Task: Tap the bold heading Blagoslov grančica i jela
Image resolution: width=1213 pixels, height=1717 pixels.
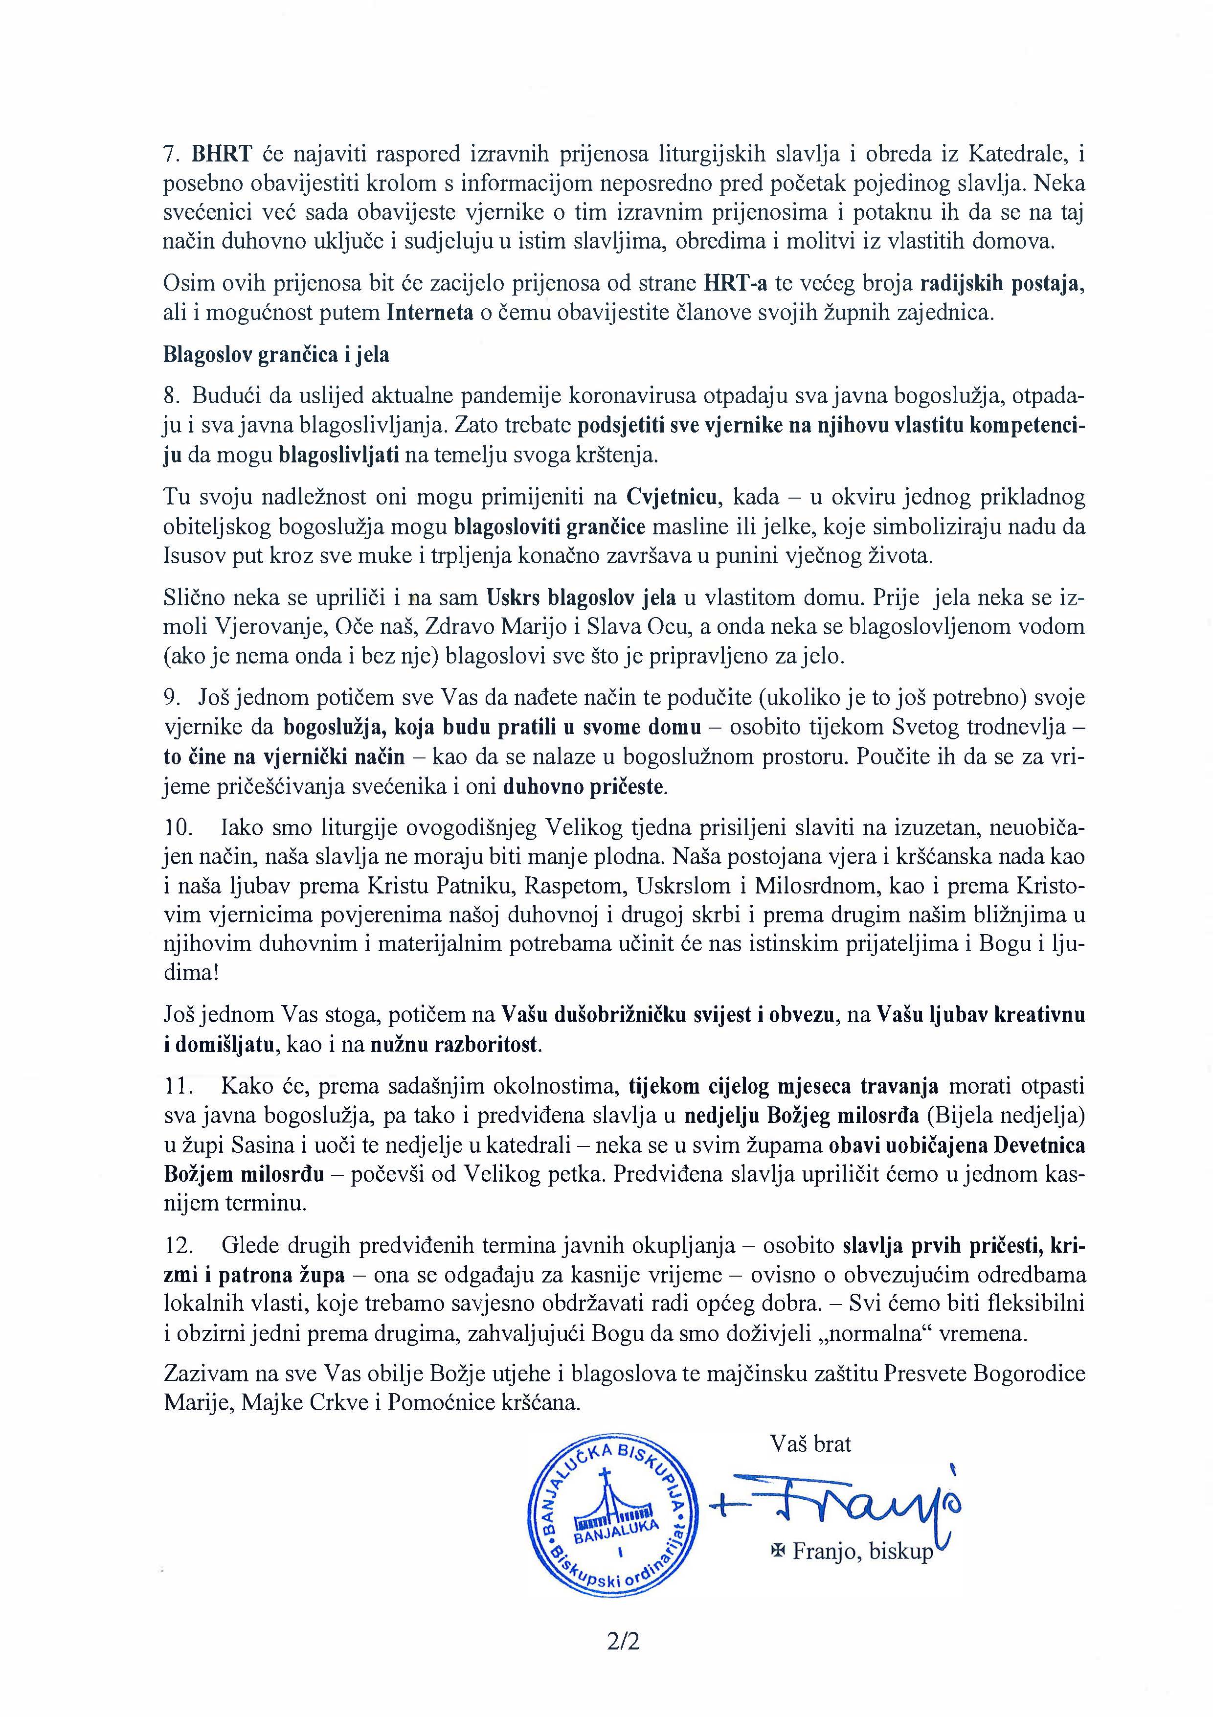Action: coord(276,354)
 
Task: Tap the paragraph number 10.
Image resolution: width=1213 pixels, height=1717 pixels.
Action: coord(178,828)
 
